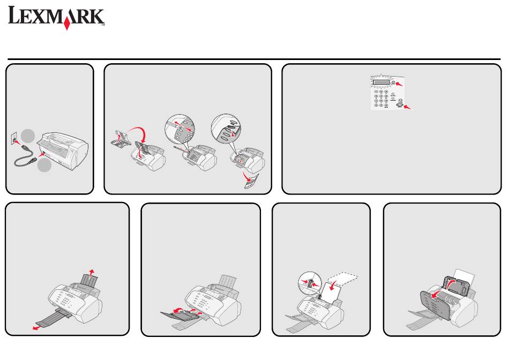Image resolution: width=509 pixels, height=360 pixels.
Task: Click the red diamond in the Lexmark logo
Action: pos(67,24)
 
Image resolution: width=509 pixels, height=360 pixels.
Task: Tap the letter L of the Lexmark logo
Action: pos(14,15)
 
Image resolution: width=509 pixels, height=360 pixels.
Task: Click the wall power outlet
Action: pos(14,139)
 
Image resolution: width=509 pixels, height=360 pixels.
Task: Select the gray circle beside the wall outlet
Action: pos(28,136)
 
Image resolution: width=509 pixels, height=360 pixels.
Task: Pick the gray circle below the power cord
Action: pos(44,165)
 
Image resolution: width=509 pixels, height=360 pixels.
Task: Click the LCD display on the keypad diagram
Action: pos(381,82)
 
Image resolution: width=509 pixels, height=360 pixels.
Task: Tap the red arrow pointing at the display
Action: pos(399,84)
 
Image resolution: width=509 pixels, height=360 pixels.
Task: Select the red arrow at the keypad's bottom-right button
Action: pos(407,107)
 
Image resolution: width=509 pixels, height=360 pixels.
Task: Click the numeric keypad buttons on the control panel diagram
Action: pos(381,99)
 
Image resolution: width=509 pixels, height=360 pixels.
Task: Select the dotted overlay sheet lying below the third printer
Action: pos(252,182)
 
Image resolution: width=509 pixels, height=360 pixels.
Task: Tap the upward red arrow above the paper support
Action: pos(92,272)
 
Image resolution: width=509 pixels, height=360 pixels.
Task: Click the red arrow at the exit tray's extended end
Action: pos(36,328)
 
